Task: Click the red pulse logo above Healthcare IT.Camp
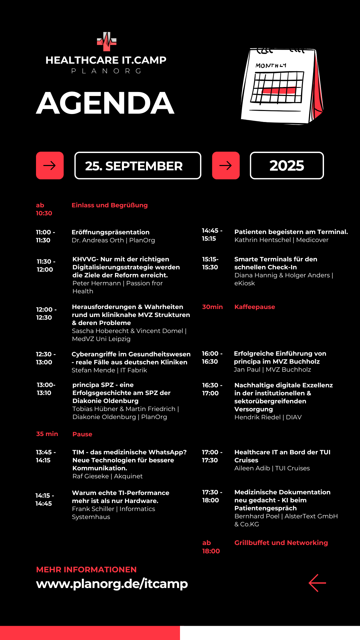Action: [x=107, y=42]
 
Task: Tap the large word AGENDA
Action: [x=105, y=103]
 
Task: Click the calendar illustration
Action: [x=282, y=86]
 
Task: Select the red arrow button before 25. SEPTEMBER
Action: [x=50, y=165]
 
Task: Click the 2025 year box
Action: [x=287, y=165]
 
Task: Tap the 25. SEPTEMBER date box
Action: [x=138, y=166]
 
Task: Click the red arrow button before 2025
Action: [x=226, y=165]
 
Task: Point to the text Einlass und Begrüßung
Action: [x=110, y=205]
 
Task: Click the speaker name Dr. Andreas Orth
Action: [x=98, y=240]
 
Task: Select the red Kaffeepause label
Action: [x=255, y=307]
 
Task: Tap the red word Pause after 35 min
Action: [x=82, y=434]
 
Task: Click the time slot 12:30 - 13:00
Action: [x=46, y=358]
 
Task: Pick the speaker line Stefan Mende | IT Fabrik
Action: [x=109, y=370]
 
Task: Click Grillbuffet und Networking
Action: [x=281, y=543]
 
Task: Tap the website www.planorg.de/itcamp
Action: [x=112, y=584]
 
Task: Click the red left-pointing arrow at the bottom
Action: [x=317, y=583]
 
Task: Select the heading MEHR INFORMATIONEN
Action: [x=86, y=570]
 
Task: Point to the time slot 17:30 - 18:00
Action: [x=212, y=496]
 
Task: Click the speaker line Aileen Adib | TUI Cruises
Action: [x=272, y=468]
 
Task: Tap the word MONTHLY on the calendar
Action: [x=271, y=65]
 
